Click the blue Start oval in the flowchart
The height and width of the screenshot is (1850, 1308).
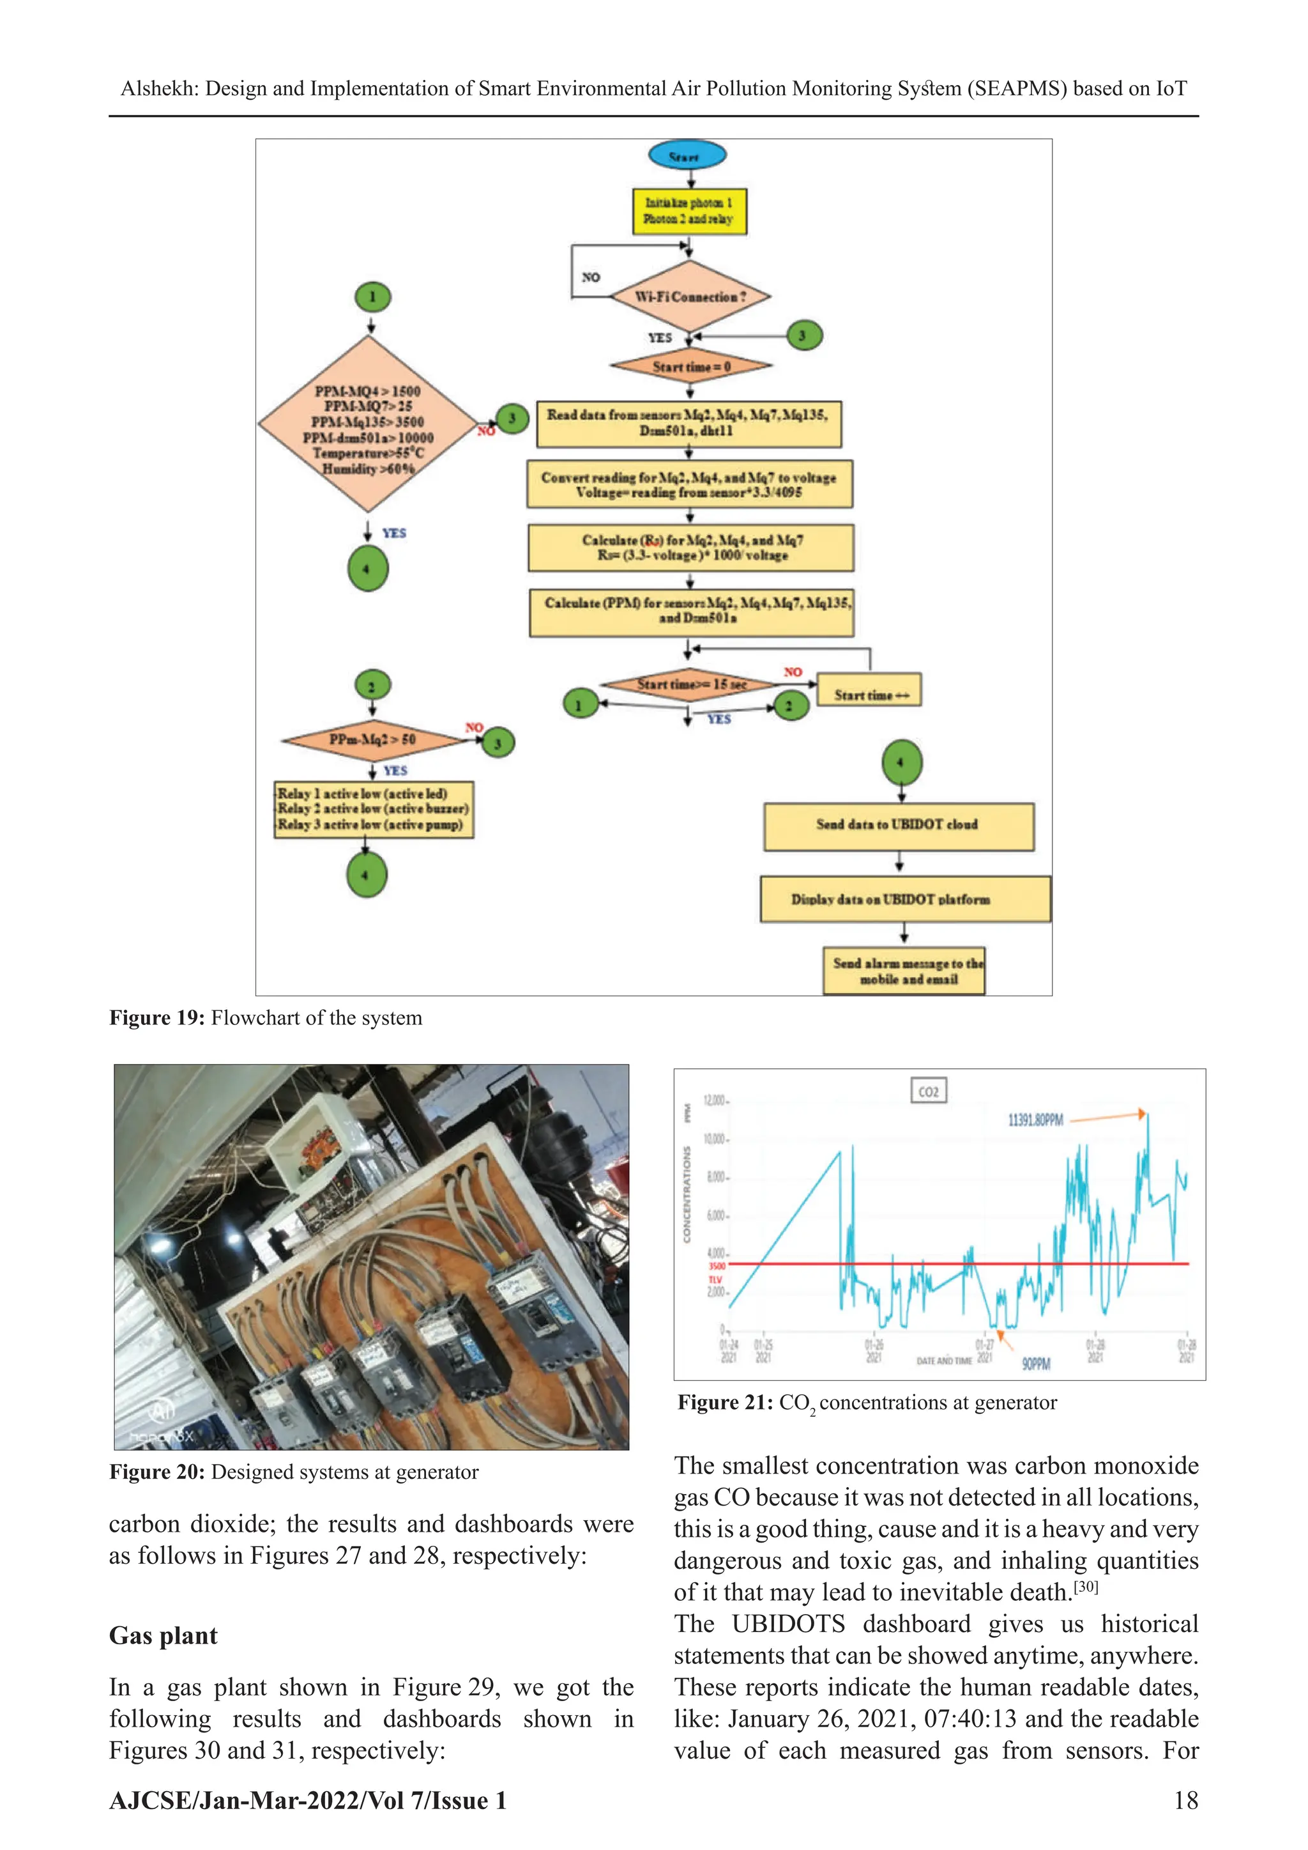click(687, 155)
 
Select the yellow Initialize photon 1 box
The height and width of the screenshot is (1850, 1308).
click(689, 211)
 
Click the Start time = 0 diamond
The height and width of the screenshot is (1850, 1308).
click(691, 367)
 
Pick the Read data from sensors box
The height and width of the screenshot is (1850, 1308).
click(688, 423)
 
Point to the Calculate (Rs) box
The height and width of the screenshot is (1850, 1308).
click(690, 548)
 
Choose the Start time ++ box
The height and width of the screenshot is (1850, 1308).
click(868, 694)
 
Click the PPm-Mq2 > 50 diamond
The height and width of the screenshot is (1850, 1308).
click(372, 739)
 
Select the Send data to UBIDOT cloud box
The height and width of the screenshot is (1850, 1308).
click(898, 825)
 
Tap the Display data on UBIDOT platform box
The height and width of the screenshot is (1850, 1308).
click(904, 899)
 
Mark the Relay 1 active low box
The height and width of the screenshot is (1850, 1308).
click(373, 809)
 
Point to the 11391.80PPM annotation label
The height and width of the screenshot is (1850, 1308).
click(1035, 1120)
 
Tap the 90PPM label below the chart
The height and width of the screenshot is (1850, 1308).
click(1036, 1364)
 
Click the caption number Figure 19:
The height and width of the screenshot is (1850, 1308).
click(157, 1018)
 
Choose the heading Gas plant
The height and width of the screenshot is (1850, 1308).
click(163, 1636)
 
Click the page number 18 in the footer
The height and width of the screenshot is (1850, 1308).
click(1185, 1800)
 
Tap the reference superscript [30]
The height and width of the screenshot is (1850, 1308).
click(1086, 1587)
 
